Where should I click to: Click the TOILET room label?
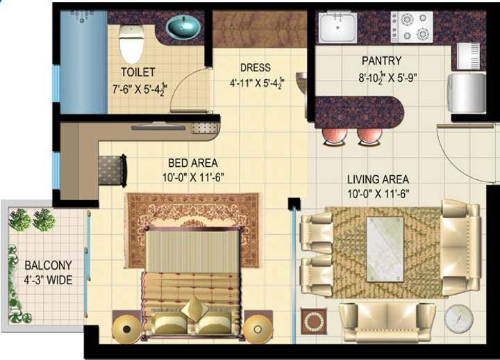(x=137, y=72)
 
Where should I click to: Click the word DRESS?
(x=255, y=68)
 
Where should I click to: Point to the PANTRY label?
(x=381, y=61)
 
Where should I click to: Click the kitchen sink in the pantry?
(x=338, y=27)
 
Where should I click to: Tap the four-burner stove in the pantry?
(x=412, y=26)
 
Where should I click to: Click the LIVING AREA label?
(x=378, y=180)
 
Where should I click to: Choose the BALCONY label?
(x=48, y=266)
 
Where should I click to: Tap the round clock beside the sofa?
(x=458, y=318)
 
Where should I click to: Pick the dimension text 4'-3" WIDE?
(x=48, y=280)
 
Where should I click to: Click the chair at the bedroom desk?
(x=111, y=169)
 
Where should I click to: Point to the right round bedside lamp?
(x=258, y=327)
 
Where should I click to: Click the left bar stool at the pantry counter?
(x=335, y=136)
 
